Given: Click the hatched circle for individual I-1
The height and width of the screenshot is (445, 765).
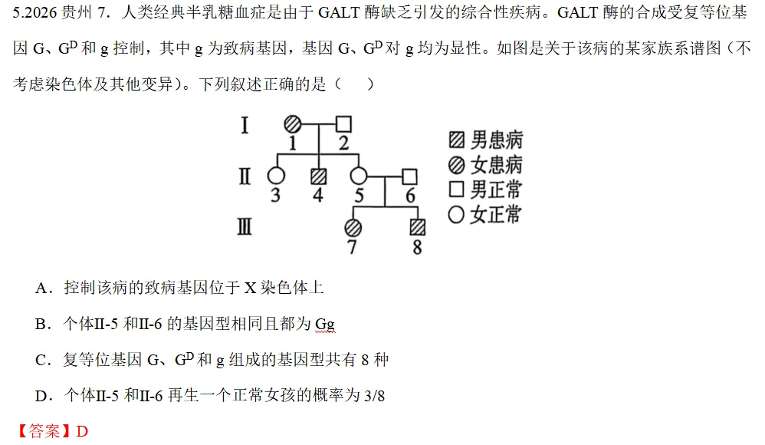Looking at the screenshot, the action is (293, 124).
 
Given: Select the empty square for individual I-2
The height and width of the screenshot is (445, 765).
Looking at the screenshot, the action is (343, 124).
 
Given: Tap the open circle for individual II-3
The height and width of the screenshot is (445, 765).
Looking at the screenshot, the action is (276, 176).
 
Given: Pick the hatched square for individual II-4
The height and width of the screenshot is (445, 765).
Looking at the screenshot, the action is (319, 176).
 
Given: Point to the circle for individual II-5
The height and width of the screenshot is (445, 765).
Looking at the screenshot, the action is (359, 176).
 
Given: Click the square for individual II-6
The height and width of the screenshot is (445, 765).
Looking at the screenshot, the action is (409, 176).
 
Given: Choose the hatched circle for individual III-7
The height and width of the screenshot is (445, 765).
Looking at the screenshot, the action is (353, 228).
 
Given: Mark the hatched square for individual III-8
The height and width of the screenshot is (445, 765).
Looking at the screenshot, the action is (418, 227).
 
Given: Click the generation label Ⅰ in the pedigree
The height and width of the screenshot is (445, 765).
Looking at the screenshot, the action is (245, 125).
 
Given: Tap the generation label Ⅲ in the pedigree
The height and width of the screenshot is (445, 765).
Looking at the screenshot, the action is (245, 226).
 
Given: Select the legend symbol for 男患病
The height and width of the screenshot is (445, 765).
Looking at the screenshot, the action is (457, 140).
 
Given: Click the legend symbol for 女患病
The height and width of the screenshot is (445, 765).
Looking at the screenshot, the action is (457, 165).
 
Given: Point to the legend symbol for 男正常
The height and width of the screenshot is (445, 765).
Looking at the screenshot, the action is (457, 189).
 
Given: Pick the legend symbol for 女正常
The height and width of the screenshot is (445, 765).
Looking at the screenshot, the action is (456, 214).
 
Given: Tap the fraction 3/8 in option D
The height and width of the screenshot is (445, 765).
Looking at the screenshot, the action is (374, 396).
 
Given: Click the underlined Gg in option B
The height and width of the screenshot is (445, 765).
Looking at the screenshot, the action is (325, 325).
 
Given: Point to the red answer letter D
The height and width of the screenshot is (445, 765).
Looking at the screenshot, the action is (82, 431).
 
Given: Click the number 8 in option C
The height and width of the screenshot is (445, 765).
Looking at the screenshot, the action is (365, 361).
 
